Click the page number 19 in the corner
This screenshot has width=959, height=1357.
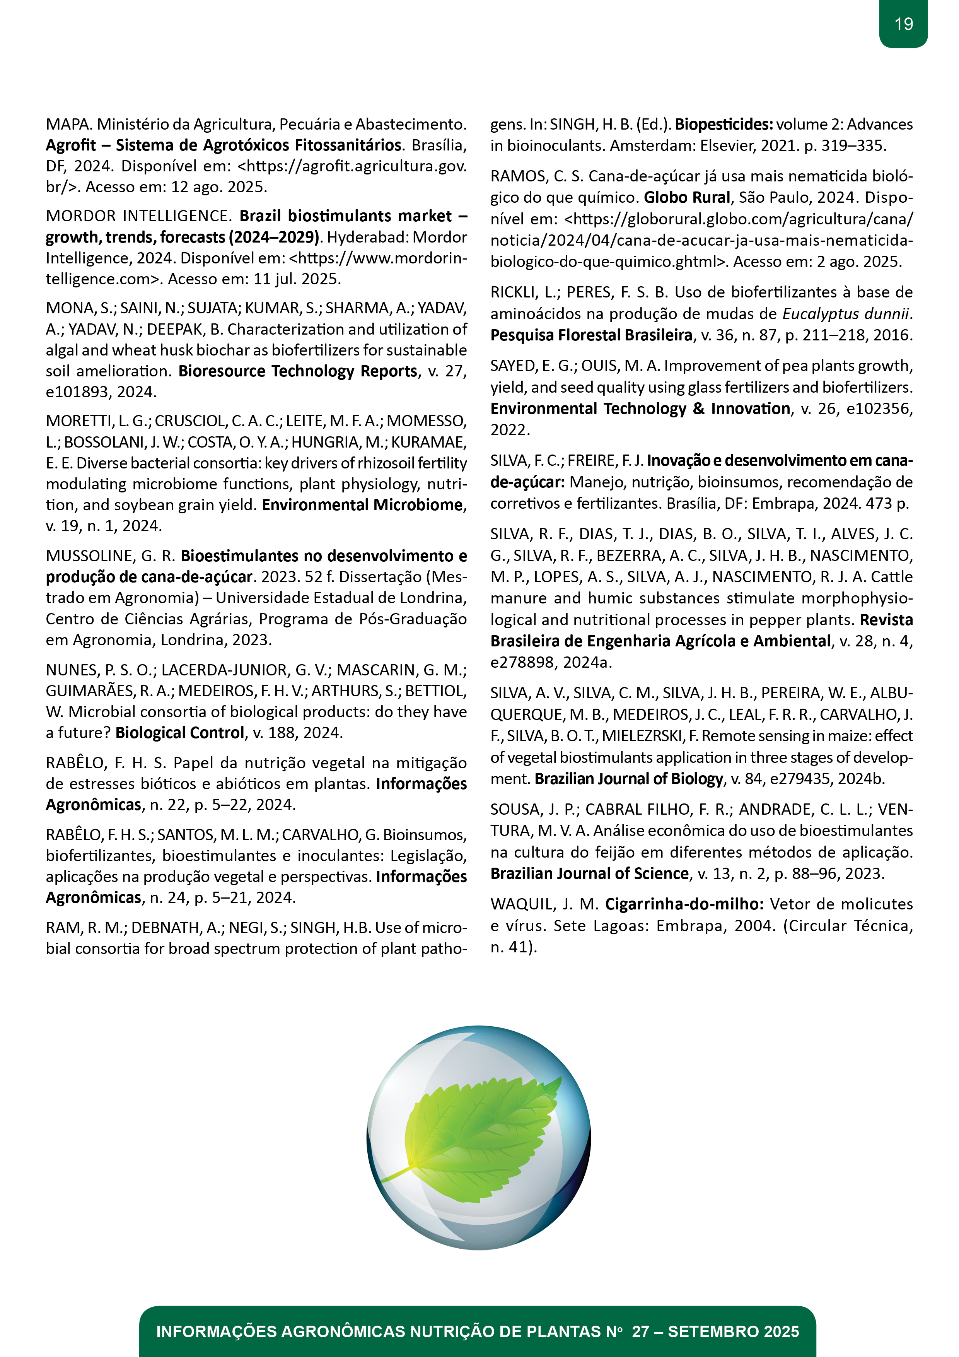tap(903, 24)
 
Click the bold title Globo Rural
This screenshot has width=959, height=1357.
tap(687, 197)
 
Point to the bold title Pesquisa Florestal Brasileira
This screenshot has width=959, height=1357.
tap(591, 335)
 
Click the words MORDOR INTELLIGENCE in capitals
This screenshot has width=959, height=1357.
tap(138, 216)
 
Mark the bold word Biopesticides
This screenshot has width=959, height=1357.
tap(724, 124)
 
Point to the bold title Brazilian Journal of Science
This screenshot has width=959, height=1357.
tap(589, 873)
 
